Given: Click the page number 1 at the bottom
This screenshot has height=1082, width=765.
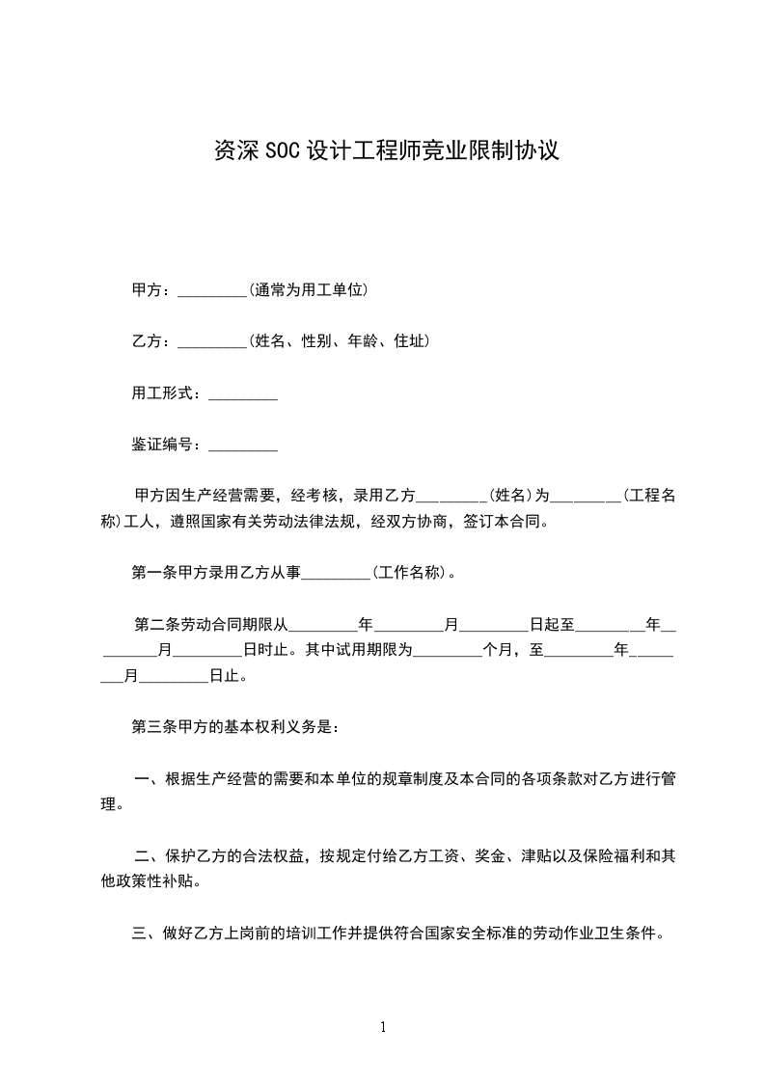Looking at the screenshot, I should coord(383,1027).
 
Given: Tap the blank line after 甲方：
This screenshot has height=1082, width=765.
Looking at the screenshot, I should coord(212,290).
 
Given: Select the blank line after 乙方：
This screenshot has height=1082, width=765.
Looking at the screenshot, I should coord(212,342).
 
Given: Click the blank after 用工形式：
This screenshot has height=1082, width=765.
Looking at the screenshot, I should coord(243,394).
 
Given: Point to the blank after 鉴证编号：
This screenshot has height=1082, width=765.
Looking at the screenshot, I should coord(243,446).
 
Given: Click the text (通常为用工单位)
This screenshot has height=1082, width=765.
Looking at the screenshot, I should coord(308,289).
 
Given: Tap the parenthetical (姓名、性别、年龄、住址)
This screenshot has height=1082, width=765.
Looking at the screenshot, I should coord(339,341).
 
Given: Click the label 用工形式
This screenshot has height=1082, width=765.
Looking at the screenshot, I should coord(165,393).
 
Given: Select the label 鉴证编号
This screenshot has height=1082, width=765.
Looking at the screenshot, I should coord(165,445).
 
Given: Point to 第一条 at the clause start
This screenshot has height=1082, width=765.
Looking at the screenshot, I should coord(153,573).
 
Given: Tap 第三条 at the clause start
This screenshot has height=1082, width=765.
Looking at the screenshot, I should coord(153,726).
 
